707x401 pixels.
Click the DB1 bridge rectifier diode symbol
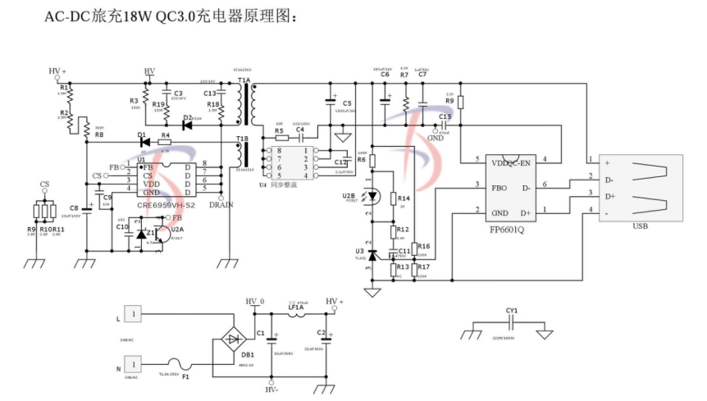(x=235, y=337)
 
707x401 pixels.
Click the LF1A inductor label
(x=295, y=307)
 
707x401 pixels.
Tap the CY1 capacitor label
(x=512, y=311)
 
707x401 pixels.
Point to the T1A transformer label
(x=244, y=81)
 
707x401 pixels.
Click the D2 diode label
(x=188, y=118)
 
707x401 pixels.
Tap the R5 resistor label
(x=279, y=130)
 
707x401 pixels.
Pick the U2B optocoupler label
(x=349, y=197)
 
